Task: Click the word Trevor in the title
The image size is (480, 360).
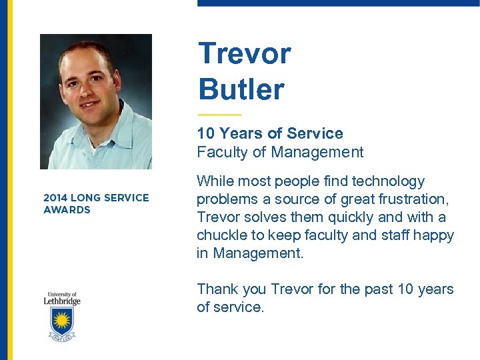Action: (x=245, y=53)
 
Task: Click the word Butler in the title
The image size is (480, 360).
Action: (x=241, y=89)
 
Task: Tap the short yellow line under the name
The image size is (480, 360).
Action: (x=219, y=115)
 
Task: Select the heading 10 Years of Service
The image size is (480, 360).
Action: (x=269, y=133)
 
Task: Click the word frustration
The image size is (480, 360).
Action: (x=411, y=199)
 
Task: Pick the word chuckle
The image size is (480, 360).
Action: (x=223, y=235)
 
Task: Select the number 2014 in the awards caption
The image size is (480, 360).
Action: (x=56, y=198)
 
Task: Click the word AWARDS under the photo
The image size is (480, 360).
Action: (x=67, y=210)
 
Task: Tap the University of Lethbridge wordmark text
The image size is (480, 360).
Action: (x=63, y=298)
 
